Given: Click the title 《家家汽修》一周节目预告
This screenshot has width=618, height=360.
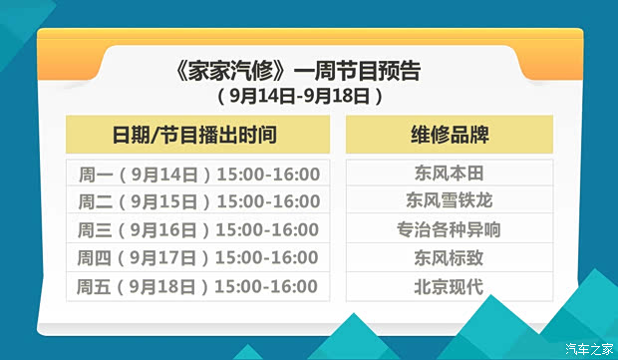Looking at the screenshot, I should tap(296, 72).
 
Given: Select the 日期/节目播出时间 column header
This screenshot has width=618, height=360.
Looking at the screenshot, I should tap(197, 134).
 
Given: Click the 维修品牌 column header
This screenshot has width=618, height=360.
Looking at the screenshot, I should tap(449, 134).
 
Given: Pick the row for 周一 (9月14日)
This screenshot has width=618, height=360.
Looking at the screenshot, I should tap(198, 174).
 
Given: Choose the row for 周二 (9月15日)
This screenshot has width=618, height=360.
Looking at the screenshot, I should tap(198, 201).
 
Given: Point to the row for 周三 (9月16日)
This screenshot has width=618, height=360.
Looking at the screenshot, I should tap(198, 229).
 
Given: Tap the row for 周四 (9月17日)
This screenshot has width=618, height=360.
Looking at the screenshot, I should tap(198, 257).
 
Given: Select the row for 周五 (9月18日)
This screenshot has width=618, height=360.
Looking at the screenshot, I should tap(198, 286).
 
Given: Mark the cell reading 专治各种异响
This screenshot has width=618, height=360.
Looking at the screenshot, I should tap(449, 229).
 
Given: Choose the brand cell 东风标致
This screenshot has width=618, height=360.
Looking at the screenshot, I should tap(449, 257).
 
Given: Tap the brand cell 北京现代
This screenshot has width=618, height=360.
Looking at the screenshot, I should tap(449, 286).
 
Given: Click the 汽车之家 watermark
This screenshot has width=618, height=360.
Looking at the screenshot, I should tap(589, 348).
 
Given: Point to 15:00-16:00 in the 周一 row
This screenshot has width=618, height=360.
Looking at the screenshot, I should tap(267, 174).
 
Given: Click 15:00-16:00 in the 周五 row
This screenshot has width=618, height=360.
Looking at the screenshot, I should tap(267, 286).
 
